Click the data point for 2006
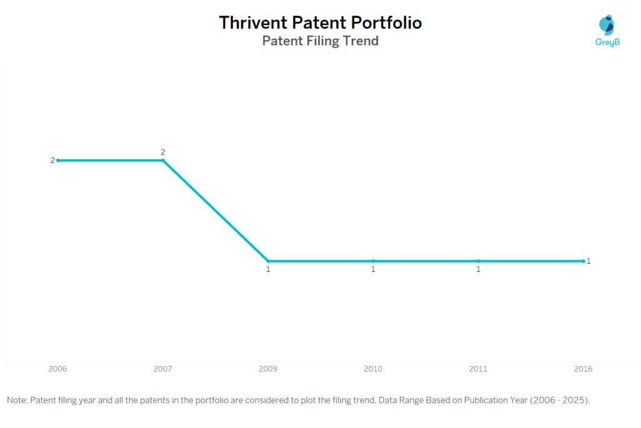tap(58, 160)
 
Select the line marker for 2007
tap(163, 160)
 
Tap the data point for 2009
tap(268, 261)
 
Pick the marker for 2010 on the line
tap(373, 261)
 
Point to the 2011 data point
tap(478, 261)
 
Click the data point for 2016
tap(583, 261)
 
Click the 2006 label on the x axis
tap(58, 369)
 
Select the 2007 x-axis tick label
tap(163, 369)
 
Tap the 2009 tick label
tap(268, 369)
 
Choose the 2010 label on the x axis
tap(373, 369)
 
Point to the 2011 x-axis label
tap(478, 369)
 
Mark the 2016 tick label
tap(583, 369)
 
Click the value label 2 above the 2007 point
tap(163, 152)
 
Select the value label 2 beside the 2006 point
tap(53, 160)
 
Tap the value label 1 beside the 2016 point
tap(588, 261)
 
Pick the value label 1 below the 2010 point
tap(373, 269)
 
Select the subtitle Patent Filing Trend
tap(320, 41)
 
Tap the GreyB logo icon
tap(606, 25)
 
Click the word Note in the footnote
tap(16, 400)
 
